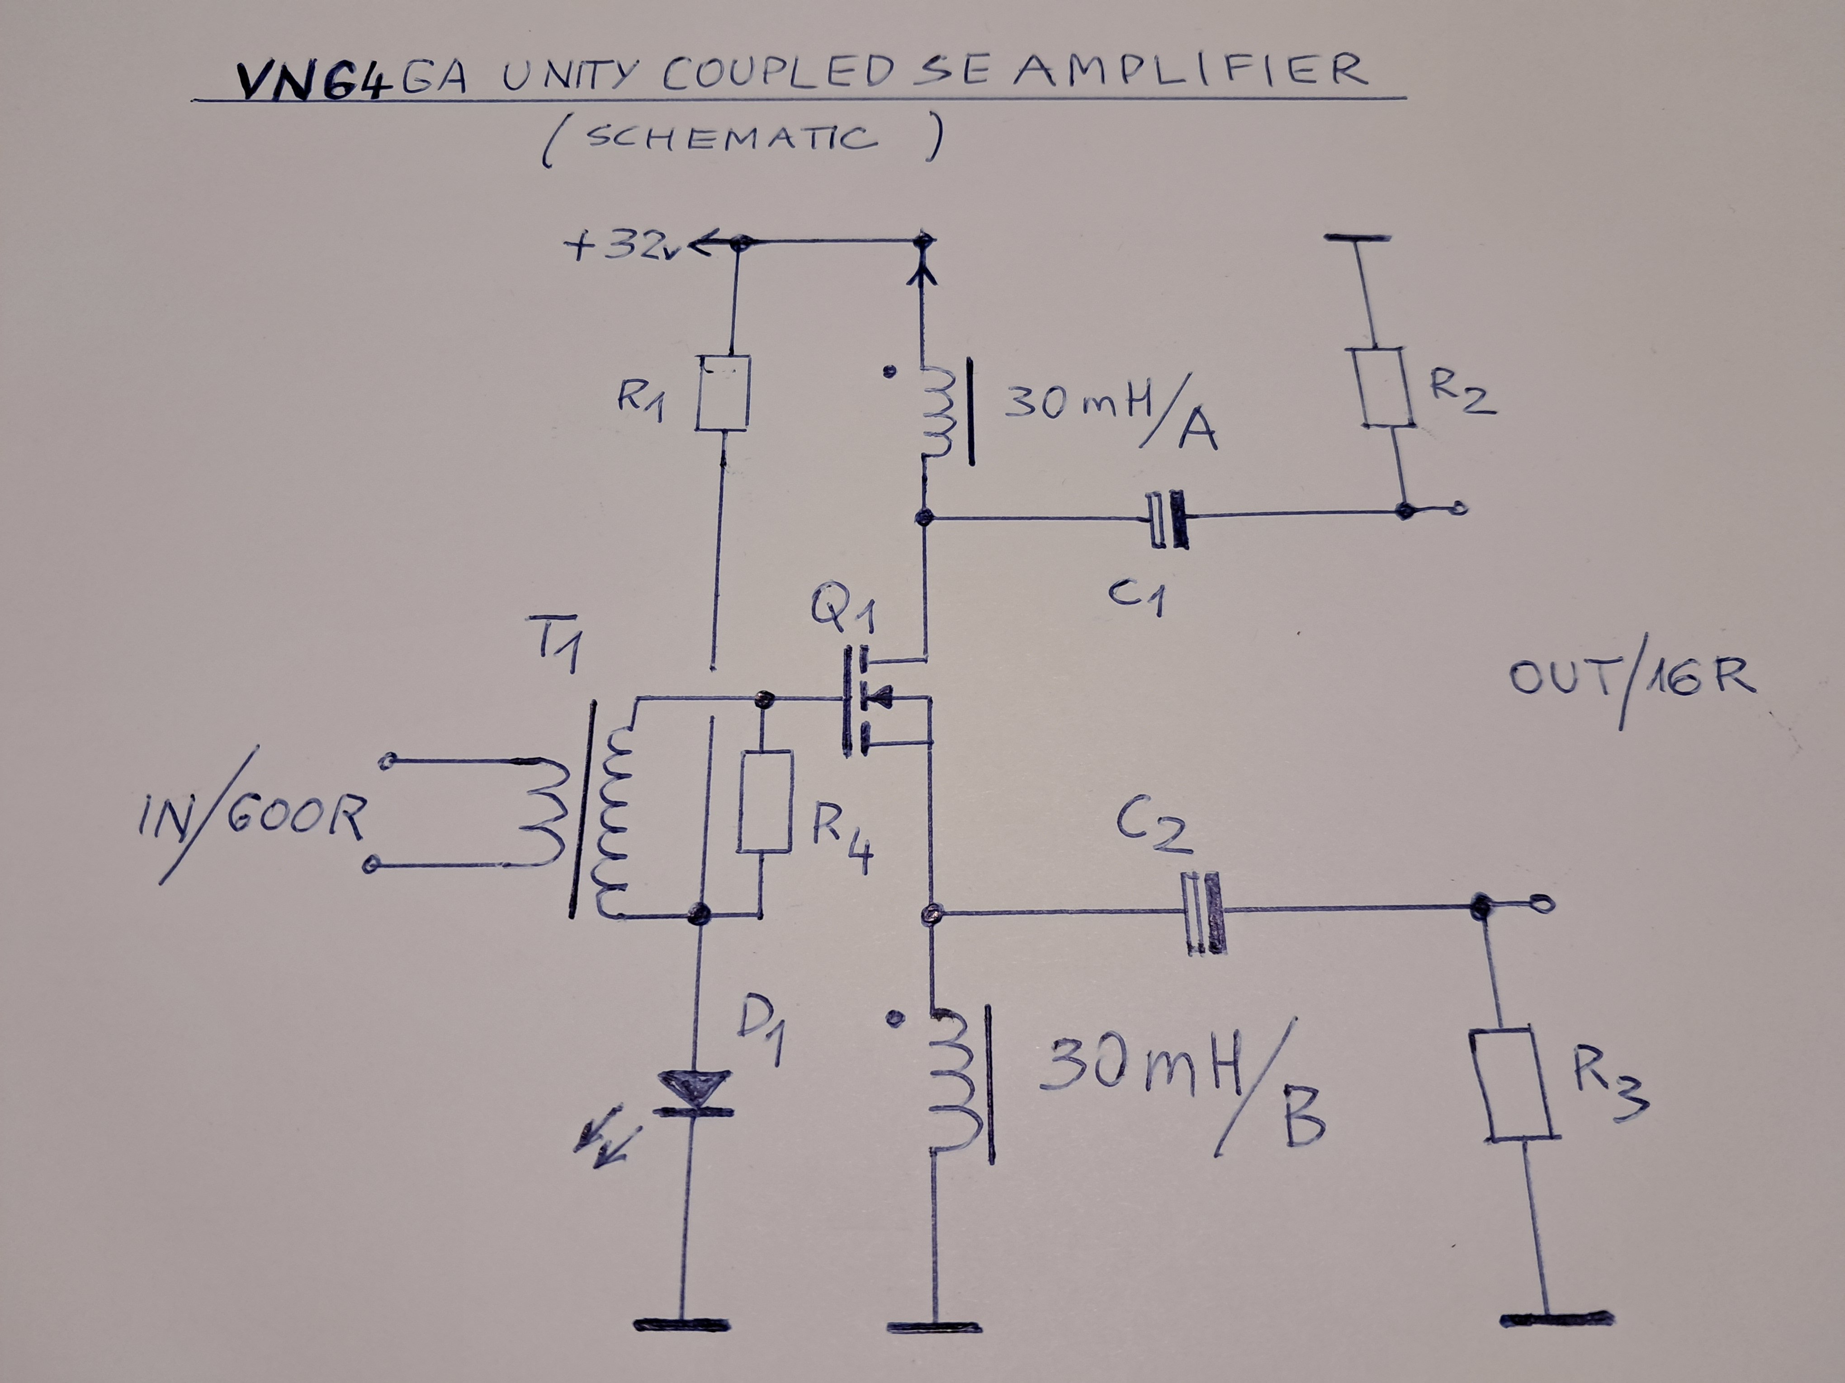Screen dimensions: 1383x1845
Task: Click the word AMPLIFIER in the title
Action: [1191, 71]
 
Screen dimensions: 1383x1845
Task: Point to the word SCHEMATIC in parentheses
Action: [732, 137]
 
